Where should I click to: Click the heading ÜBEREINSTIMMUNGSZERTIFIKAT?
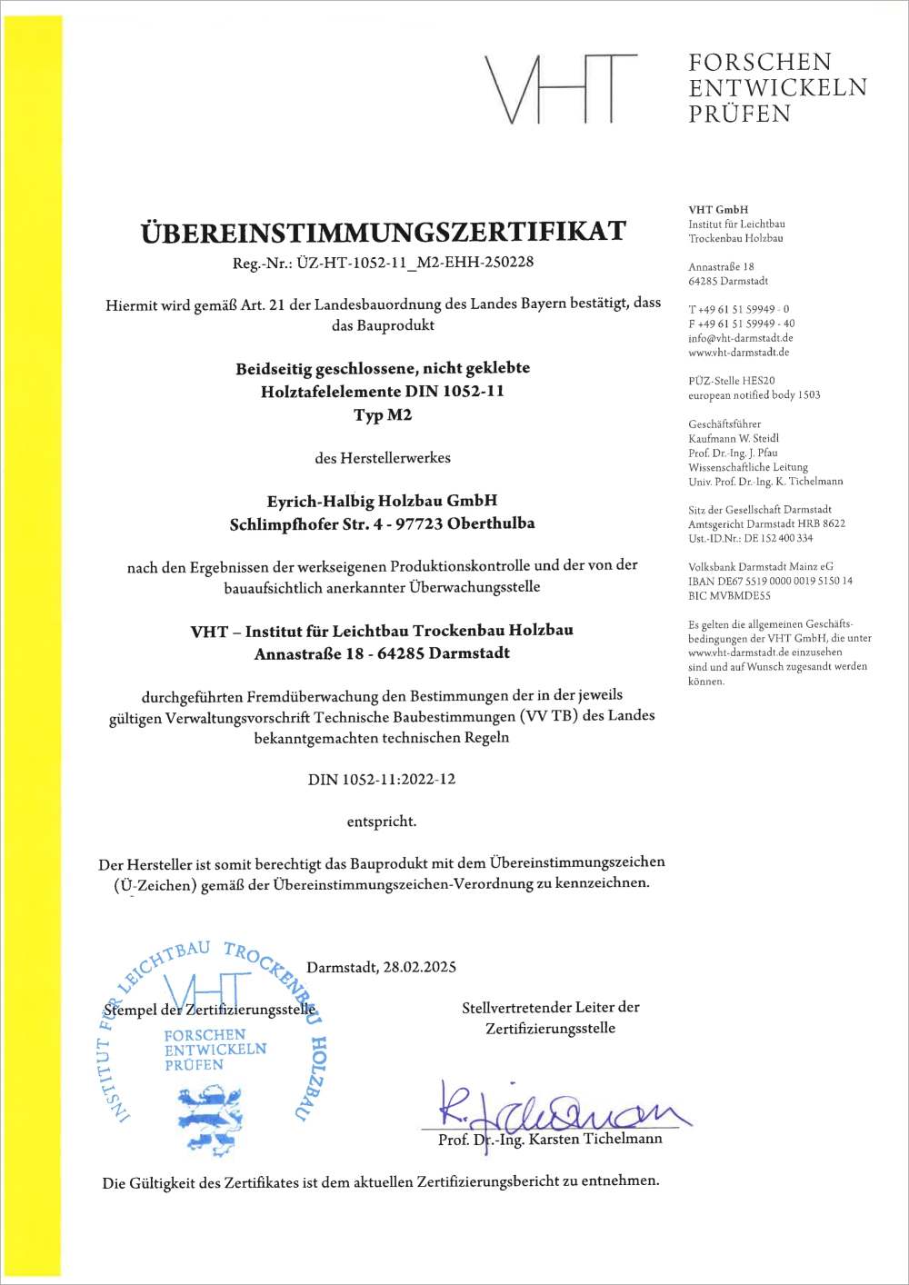click(x=383, y=232)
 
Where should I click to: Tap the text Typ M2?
click(x=383, y=415)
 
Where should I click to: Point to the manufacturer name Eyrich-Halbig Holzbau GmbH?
click(x=382, y=501)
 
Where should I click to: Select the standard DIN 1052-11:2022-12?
click(x=382, y=780)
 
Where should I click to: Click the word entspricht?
click(x=382, y=822)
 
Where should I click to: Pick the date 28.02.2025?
click(x=419, y=967)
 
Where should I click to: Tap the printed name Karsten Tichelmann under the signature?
click(x=595, y=1140)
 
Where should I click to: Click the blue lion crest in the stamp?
click(x=210, y=1118)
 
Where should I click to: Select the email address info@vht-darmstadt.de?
click(x=740, y=338)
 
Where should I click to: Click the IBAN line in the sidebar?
click(x=770, y=581)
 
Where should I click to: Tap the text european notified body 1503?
click(x=754, y=395)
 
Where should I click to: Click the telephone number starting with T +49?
click(x=738, y=309)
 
